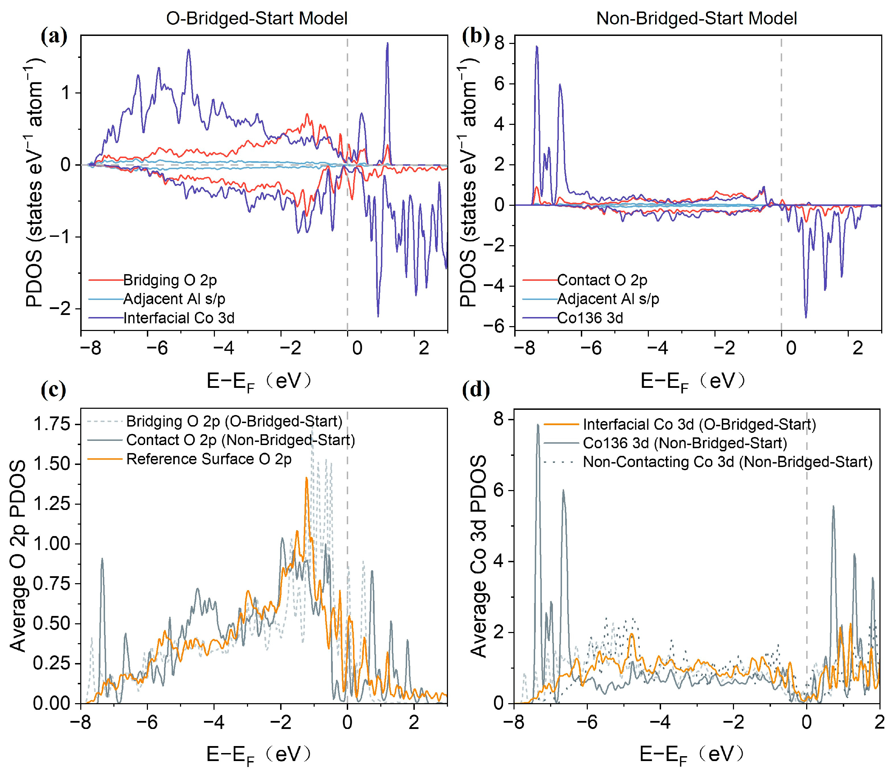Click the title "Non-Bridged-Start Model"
(x=696, y=18)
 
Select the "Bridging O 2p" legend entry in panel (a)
(x=170, y=280)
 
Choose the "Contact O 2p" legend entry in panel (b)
(x=602, y=280)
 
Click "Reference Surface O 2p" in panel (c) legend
(x=209, y=459)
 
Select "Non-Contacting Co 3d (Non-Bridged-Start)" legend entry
(x=728, y=462)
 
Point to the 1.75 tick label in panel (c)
(x=52, y=424)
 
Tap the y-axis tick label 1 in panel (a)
(x=65, y=92)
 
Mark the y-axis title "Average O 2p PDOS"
(x=18, y=556)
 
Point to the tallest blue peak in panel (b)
(x=537, y=46)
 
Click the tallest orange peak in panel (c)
(x=306, y=478)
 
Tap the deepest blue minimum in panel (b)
(x=805, y=317)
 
